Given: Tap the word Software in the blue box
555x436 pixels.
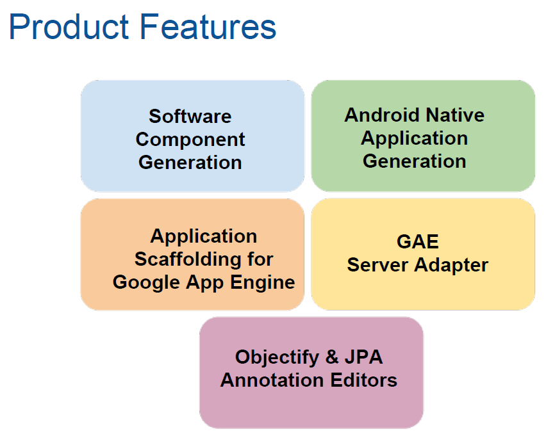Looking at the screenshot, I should tap(190, 117).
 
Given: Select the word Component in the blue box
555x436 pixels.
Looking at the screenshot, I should tap(190, 140).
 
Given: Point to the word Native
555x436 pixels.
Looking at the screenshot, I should tap(454, 115).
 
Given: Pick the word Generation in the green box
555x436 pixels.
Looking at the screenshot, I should tap(415, 161).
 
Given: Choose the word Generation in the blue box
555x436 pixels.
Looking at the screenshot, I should tap(190, 163).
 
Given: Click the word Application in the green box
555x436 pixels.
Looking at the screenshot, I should tap(415, 138).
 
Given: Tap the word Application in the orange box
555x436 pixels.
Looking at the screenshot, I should tap(204, 236).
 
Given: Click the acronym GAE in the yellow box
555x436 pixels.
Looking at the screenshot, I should tap(418, 242).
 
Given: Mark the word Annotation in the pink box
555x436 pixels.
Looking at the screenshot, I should tap(273, 380).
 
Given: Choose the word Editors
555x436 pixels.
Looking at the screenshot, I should tap(364, 380).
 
